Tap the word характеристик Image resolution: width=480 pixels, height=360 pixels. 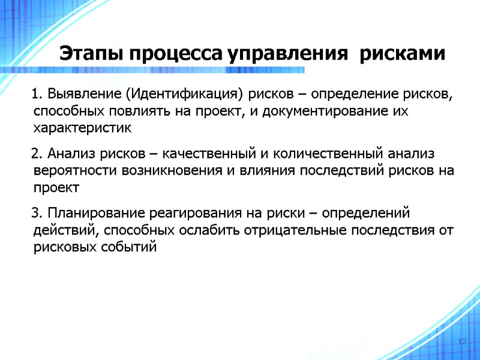(82, 128)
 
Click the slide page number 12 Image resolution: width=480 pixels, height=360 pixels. (462, 341)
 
